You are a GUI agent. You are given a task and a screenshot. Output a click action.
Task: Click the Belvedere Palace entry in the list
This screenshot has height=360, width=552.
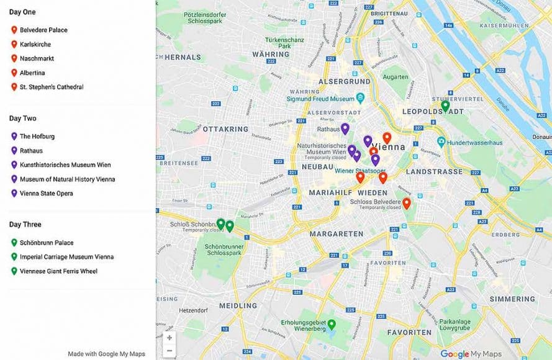click(43, 30)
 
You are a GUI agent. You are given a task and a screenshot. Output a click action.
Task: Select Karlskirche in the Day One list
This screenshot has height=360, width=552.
click(35, 44)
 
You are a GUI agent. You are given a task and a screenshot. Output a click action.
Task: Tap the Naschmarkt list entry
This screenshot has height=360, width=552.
click(37, 58)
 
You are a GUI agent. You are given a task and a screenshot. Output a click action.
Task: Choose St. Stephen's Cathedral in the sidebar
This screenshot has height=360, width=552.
click(51, 87)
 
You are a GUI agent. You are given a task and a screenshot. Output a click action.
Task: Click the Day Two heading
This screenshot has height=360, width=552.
click(22, 118)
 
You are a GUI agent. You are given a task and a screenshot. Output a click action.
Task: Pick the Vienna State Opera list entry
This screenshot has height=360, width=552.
click(46, 194)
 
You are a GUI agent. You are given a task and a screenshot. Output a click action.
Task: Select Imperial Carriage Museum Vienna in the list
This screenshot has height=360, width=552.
click(66, 257)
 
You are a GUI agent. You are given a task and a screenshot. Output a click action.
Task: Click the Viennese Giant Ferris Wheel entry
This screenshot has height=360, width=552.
click(58, 271)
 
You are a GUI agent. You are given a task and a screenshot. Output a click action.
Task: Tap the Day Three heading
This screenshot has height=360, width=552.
click(25, 224)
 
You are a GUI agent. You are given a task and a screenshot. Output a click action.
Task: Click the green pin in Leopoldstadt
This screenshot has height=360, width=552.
click(445, 106)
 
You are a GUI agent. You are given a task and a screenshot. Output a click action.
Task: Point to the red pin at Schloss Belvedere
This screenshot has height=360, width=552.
click(407, 203)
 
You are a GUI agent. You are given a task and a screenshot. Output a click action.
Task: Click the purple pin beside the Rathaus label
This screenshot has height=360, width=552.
click(345, 128)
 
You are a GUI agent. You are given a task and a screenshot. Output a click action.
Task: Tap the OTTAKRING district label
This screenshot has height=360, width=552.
click(225, 129)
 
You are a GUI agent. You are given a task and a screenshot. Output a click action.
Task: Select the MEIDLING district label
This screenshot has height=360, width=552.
click(238, 305)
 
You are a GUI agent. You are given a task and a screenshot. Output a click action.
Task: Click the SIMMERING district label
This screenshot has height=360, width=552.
click(512, 299)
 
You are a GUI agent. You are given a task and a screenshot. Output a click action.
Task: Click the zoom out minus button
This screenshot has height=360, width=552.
click(170, 351)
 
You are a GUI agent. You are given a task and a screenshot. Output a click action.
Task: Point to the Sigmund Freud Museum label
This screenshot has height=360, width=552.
click(320, 99)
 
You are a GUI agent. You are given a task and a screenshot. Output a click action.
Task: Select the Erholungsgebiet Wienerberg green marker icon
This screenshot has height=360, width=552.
click(332, 324)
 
